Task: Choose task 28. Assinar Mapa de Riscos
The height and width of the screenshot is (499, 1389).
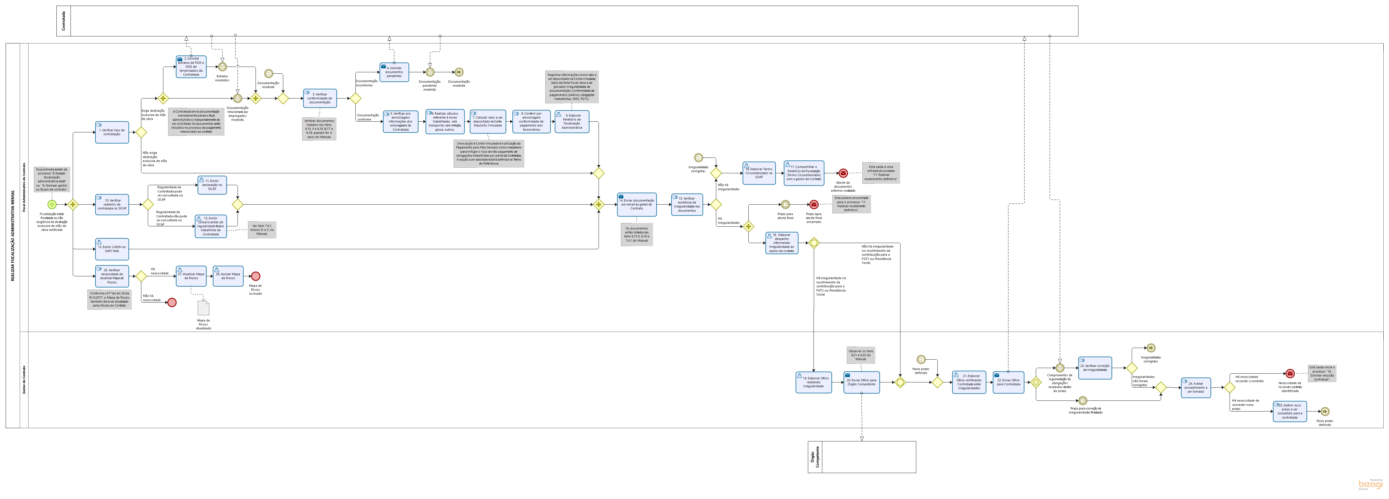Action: (x=228, y=276)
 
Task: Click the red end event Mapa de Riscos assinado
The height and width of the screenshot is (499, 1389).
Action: (x=256, y=276)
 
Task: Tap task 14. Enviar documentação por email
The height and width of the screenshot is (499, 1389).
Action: (x=636, y=204)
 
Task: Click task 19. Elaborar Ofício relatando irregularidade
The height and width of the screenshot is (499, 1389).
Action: (x=813, y=382)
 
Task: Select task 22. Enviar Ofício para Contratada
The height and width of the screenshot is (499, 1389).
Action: (x=1008, y=382)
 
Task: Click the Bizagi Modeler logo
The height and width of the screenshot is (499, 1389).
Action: (x=1370, y=484)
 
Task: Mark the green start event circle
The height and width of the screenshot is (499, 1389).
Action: (x=52, y=204)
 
